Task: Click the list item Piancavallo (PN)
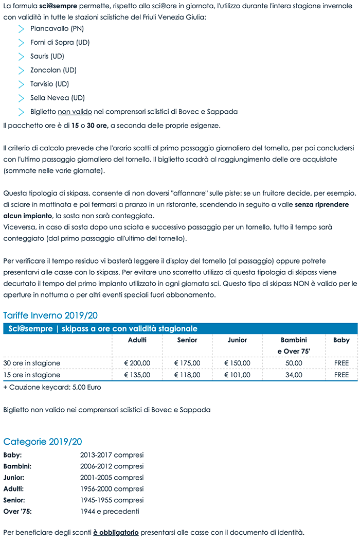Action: pyautogui.click(x=57, y=29)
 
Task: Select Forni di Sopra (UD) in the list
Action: pyautogui.click(x=60, y=43)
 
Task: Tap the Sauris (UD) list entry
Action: pyautogui.click(x=47, y=57)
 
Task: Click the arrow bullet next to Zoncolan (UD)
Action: pyautogui.click(x=21, y=71)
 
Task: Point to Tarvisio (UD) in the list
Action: pyautogui.click(x=49, y=84)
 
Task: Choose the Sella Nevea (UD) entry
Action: pyautogui.click(x=57, y=98)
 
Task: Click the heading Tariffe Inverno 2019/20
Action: pyautogui.click(x=50, y=316)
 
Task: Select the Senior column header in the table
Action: pyautogui.click(x=187, y=340)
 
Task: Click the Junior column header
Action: pyautogui.click(x=237, y=340)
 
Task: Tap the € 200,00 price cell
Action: pyautogui.click(x=137, y=363)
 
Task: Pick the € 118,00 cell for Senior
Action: pyautogui.click(x=187, y=375)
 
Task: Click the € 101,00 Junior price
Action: pyautogui.click(x=237, y=375)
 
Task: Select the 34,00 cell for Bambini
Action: pyautogui.click(x=294, y=375)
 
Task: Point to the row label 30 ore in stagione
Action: pyautogui.click(x=32, y=363)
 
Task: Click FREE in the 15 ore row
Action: pyautogui.click(x=341, y=375)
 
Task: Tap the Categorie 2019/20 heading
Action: pyautogui.click(x=43, y=442)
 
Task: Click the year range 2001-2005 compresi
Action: pyautogui.click(x=112, y=478)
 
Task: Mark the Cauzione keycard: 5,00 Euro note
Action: pyautogui.click(x=52, y=387)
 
